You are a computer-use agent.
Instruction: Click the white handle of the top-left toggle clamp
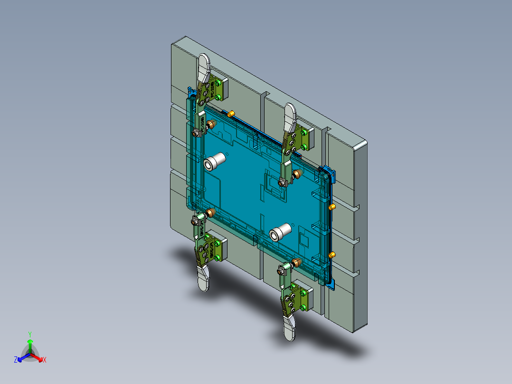[x=204, y=67]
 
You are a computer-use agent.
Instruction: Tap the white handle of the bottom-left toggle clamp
[x=204, y=280]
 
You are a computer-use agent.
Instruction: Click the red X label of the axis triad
[x=45, y=360]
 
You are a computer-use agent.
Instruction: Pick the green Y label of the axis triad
[x=30, y=334]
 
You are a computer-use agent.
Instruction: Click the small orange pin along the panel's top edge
[x=231, y=113]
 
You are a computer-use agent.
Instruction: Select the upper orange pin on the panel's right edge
[x=332, y=207]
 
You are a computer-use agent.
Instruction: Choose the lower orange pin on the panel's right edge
[x=332, y=255]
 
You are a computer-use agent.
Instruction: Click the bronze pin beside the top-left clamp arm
[x=212, y=124]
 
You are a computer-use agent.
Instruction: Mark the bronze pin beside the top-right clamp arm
[x=298, y=173]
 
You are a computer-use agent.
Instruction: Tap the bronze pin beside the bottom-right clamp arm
[x=297, y=262]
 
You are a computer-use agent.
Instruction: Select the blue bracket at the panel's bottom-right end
[x=331, y=284]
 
